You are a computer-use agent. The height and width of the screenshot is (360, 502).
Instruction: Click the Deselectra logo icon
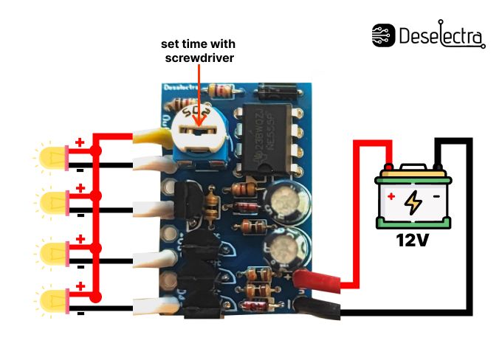[383, 35]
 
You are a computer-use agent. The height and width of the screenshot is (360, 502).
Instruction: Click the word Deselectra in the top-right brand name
[441, 35]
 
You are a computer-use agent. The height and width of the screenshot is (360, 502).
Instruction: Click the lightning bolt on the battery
[413, 201]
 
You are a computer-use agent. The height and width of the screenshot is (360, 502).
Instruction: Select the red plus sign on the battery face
[391, 198]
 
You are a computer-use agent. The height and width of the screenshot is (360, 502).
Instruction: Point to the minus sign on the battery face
[436, 198]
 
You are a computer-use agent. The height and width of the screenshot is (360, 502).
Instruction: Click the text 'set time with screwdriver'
[197, 50]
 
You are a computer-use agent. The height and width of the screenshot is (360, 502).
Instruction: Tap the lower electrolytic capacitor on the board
[286, 249]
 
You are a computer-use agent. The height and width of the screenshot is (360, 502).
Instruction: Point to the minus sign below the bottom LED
[80, 313]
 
